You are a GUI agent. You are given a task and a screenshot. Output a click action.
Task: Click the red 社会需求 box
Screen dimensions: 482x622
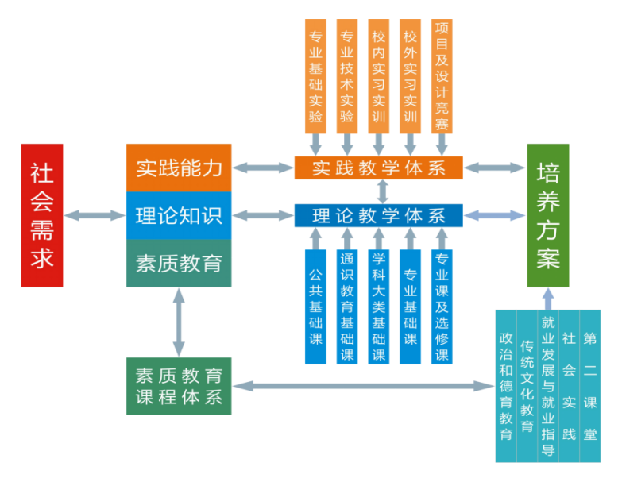pyautogui.click(x=42, y=215)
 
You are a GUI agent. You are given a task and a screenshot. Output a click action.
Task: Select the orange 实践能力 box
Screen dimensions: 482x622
pyautogui.click(x=179, y=168)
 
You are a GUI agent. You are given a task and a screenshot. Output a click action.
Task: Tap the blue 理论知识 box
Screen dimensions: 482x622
pyautogui.click(x=179, y=215)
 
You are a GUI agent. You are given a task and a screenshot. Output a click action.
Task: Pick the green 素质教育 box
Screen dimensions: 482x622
pyautogui.click(x=179, y=263)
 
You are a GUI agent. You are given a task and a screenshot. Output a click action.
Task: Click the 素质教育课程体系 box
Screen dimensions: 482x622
pyautogui.click(x=179, y=386)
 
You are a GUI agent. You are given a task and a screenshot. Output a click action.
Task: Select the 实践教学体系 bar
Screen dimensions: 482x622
pyautogui.click(x=378, y=168)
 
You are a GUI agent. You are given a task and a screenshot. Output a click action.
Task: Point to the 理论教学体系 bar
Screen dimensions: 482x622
pyautogui.click(x=378, y=215)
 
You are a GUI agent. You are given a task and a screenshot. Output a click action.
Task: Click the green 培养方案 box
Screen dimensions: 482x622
pyautogui.click(x=548, y=215)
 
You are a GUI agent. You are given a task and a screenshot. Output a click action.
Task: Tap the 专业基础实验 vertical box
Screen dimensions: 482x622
pyautogui.click(x=315, y=76)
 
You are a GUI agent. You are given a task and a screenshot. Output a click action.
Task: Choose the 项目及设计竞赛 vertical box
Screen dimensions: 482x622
pyautogui.click(x=442, y=76)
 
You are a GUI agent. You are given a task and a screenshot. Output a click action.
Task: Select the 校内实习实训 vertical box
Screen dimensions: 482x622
pyautogui.click(x=378, y=76)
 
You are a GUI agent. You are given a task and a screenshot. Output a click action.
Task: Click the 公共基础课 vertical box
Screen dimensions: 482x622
pyautogui.click(x=315, y=307)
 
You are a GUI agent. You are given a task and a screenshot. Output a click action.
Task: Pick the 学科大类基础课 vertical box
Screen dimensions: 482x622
pyautogui.click(x=378, y=307)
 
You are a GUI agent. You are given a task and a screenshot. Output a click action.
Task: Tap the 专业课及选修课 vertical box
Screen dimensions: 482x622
pyautogui.click(x=442, y=307)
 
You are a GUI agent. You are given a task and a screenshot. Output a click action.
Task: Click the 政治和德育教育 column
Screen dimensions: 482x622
pyautogui.click(x=505, y=386)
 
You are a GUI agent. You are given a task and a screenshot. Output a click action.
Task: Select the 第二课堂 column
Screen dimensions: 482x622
pyautogui.click(x=589, y=386)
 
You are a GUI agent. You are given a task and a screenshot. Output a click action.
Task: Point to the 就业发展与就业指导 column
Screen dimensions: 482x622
pyautogui.click(x=547, y=386)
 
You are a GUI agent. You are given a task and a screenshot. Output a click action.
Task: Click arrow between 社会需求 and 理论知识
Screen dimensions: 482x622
pyautogui.click(x=95, y=215)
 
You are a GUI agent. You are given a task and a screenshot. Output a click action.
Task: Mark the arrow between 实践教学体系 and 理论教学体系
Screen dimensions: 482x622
pyautogui.click(x=383, y=191)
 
